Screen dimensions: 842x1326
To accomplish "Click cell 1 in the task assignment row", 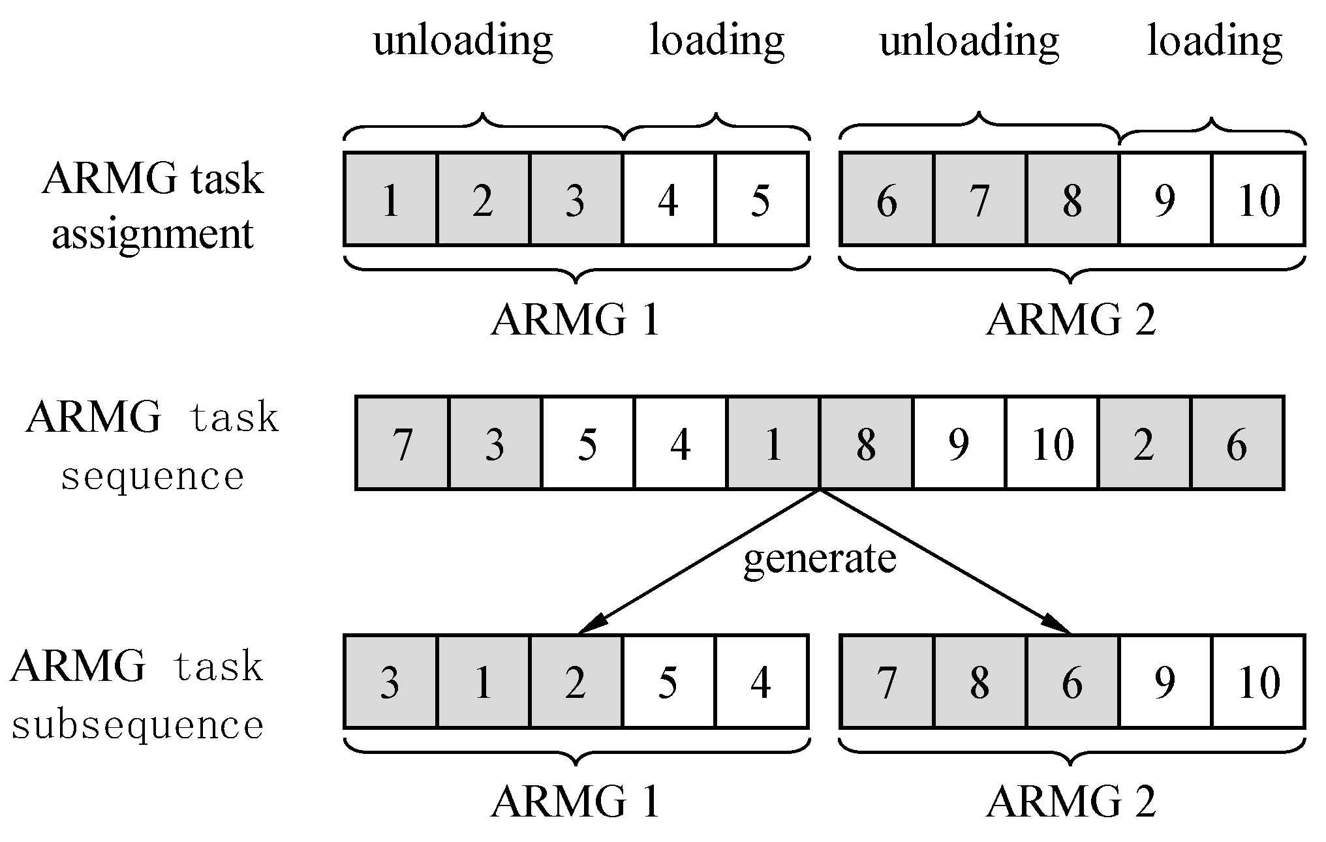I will point(390,199).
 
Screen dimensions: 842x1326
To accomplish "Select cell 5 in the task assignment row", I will point(761,199).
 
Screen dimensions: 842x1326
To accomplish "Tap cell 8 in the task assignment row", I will point(1072,199).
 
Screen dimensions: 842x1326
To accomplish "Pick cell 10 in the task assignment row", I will point(1258,199).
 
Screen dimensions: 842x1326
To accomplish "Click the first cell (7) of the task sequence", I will point(403,443).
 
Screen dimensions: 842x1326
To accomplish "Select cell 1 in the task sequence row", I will point(773,443).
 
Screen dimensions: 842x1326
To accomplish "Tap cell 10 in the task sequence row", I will point(1052,443).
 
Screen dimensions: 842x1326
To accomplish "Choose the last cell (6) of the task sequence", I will point(1237,443).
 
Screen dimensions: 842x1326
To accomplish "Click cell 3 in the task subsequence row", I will point(390,682).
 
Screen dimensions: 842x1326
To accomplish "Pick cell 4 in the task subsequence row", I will point(761,682).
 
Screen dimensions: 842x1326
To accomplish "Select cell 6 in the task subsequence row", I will point(1072,682).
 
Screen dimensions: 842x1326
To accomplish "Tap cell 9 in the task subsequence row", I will point(1165,682).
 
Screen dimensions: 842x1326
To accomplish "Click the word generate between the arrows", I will point(820,560).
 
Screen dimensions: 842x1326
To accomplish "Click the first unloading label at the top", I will point(463,42).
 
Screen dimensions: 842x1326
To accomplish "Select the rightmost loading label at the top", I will point(1214,42).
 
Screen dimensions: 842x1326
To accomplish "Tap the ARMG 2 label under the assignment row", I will point(1071,320).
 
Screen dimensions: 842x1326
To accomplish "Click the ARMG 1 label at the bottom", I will point(575,801).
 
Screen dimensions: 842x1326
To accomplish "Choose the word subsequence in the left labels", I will point(138,725).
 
